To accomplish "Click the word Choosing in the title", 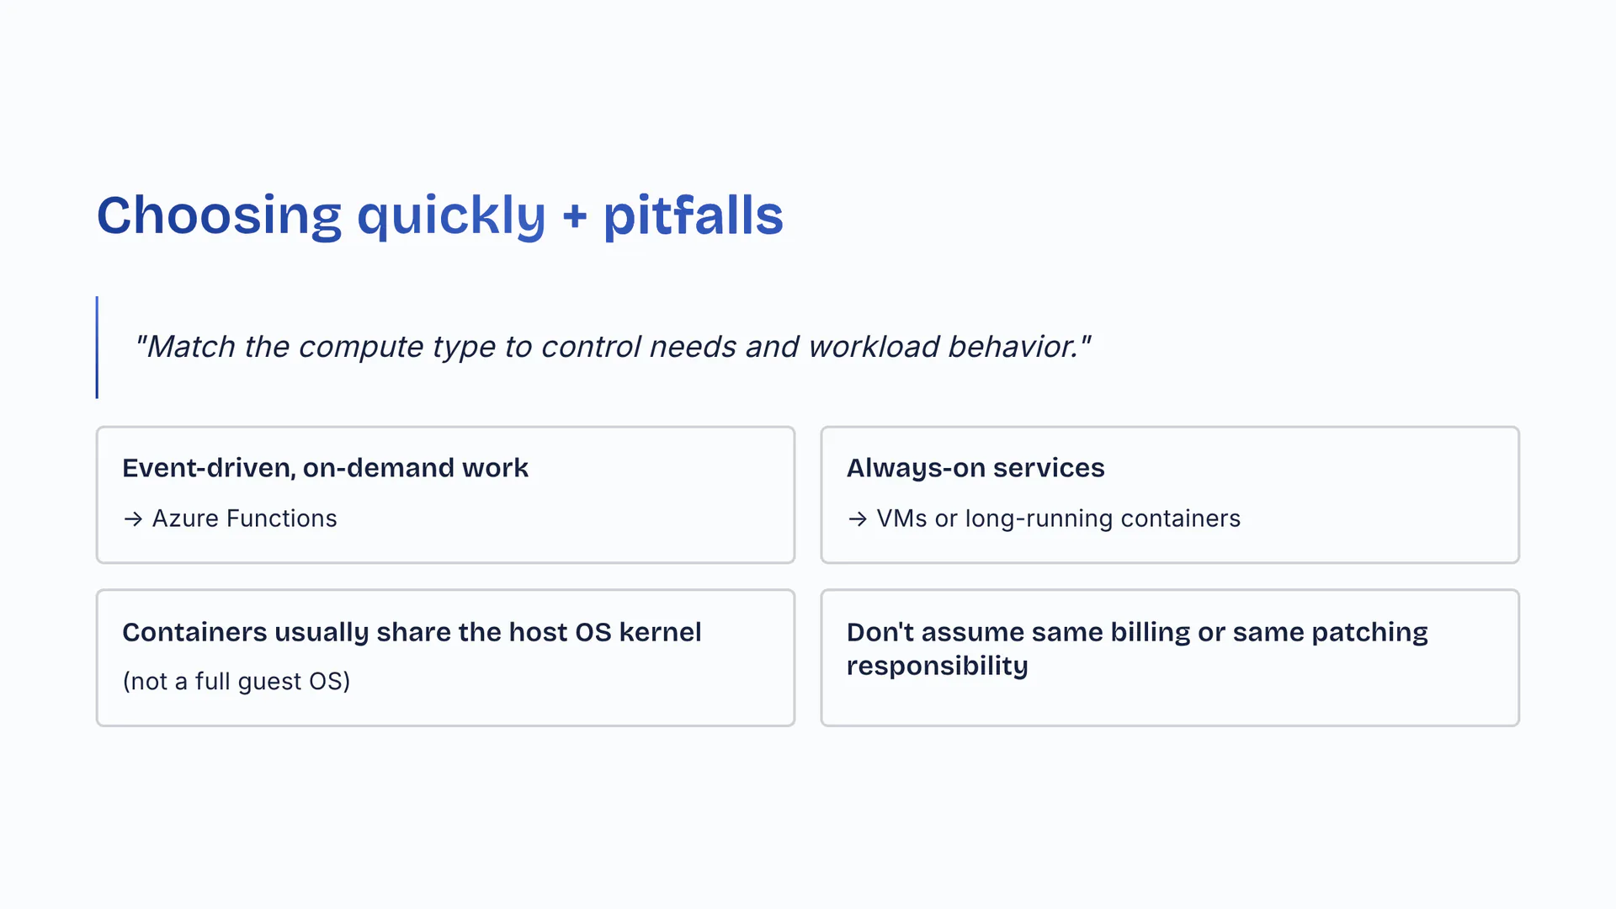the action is (219, 215).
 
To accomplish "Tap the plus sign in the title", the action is (574, 216).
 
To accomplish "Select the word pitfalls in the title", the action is (693, 215).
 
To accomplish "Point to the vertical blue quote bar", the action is (97, 347).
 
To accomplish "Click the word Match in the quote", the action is (190, 347).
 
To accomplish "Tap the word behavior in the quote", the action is (1013, 347).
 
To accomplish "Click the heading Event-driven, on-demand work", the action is (325, 468).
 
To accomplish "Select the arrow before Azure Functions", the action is (133, 519).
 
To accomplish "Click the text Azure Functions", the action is (244, 518).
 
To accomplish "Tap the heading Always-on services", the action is (975, 468).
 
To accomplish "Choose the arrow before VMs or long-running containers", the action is (858, 519).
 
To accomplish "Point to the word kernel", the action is (660, 632).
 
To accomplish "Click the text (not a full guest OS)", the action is (237, 681).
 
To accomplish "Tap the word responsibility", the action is (937, 666).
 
